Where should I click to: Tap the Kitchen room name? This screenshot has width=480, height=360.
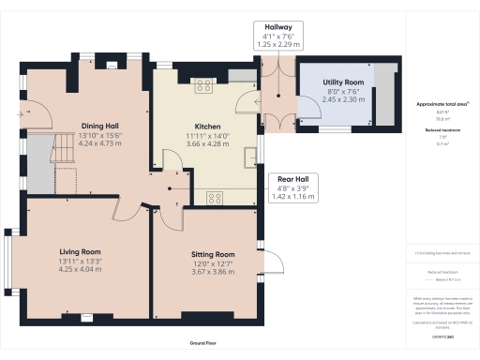pos(207,126)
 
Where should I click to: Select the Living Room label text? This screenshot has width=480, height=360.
pos(80,252)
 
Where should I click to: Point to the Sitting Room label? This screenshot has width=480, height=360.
pos(213,254)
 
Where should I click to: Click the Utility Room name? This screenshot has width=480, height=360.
pos(342,83)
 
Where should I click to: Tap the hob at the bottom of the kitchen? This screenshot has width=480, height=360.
pos(214,197)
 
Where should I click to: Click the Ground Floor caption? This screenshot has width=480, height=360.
pos(203,344)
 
